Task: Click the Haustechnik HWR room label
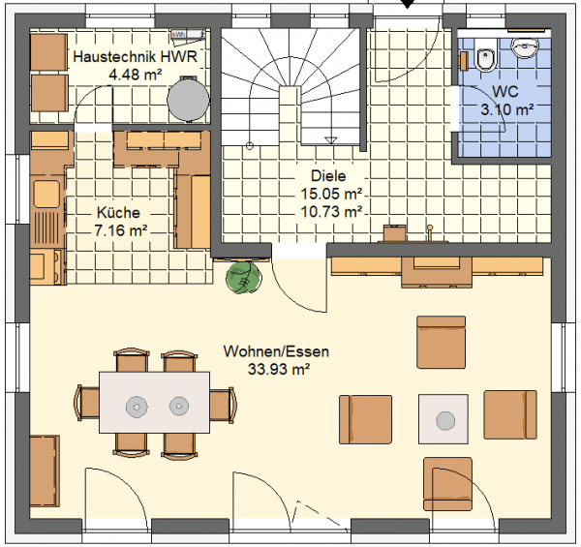click(x=136, y=57)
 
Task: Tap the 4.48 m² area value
click(x=136, y=75)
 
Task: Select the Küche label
click(x=118, y=213)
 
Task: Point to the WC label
click(x=505, y=91)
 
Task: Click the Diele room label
click(x=328, y=176)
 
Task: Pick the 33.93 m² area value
click(x=279, y=369)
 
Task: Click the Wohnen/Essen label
click(x=276, y=351)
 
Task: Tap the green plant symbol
click(x=244, y=277)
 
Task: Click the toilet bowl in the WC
click(x=485, y=58)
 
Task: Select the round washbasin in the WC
click(x=525, y=47)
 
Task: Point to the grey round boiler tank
click(x=188, y=99)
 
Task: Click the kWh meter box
click(x=188, y=35)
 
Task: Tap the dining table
click(x=154, y=403)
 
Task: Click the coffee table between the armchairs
click(x=443, y=419)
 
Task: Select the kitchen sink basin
click(x=46, y=194)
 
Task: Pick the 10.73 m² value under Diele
click(x=331, y=212)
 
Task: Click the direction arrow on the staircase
click(x=330, y=140)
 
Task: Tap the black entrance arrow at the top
click(x=408, y=4)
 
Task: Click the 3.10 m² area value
click(x=506, y=109)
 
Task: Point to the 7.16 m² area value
click(x=120, y=230)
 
